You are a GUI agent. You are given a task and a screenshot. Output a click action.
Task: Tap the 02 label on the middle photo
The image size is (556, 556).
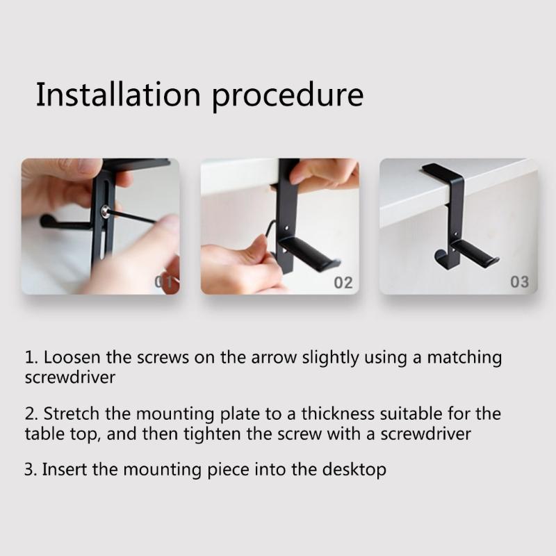coord(343,283)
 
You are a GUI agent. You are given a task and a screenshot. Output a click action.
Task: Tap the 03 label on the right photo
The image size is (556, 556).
coord(519,282)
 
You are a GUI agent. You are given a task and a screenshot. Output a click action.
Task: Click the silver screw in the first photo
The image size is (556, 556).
coord(105,210)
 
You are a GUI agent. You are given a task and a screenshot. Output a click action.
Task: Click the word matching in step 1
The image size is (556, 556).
coord(464,358)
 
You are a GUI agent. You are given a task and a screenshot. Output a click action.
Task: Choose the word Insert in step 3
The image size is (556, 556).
coord(65,469)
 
